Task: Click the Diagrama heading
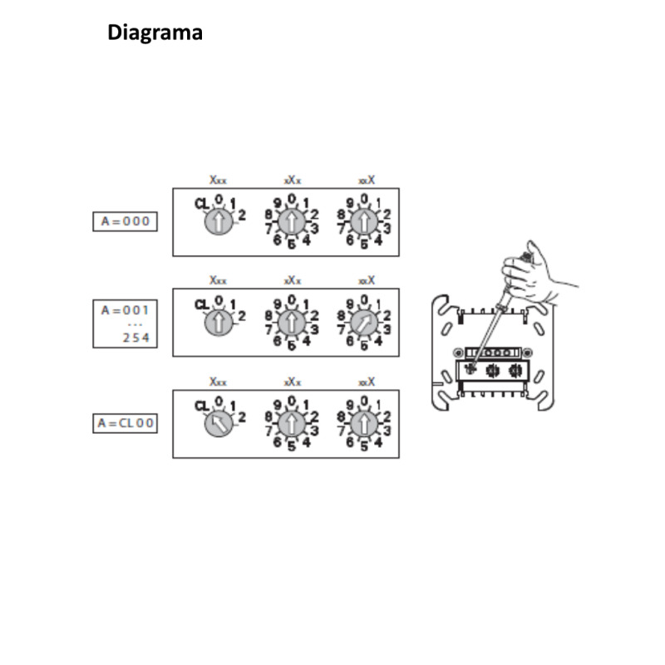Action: (x=155, y=33)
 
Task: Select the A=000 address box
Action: (x=125, y=221)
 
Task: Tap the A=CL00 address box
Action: (x=125, y=423)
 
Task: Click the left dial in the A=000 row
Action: (x=218, y=222)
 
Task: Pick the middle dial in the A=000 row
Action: (x=291, y=222)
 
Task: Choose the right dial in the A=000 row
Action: (x=363, y=222)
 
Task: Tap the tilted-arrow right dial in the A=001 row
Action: (x=363, y=323)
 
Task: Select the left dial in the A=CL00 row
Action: (x=218, y=424)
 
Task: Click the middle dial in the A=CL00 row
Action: (x=291, y=424)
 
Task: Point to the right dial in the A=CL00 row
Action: (x=363, y=424)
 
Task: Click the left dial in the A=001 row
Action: (x=218, y=323)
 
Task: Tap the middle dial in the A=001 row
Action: (x=291, y=323)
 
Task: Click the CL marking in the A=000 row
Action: (x=202, y=203)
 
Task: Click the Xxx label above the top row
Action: (x=218, y=180)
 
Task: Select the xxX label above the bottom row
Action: (x=366, y=382)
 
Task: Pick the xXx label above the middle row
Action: (x=292, y=280)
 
